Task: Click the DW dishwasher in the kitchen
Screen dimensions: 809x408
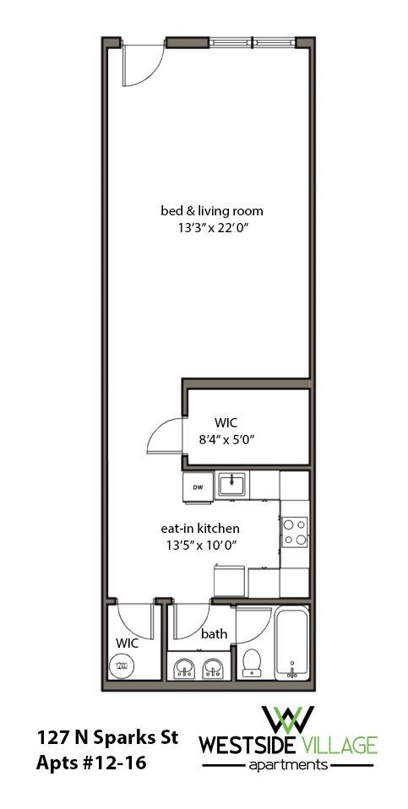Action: pos(198,486)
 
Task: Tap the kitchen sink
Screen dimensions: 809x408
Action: pos(231,485)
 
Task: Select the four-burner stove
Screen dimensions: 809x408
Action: pos(295,531)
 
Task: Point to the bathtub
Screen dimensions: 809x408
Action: pos(291,644)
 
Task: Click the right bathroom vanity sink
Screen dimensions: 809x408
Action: pos(214,671)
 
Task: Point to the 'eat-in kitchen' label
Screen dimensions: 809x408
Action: pos(200,528)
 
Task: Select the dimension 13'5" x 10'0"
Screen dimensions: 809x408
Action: pos(200,545)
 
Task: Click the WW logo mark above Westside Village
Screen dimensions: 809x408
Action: pos(288,719)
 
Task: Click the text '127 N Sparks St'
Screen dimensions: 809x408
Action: pos(106,737)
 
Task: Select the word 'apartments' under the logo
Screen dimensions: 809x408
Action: pos(288,766)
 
